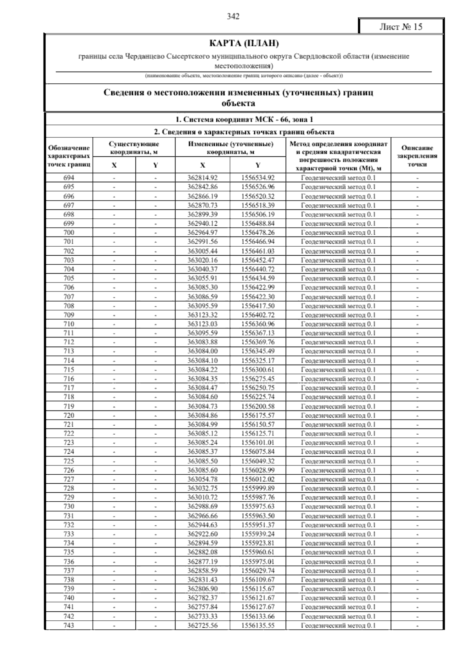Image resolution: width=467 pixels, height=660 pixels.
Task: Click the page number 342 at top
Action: click(233, 16)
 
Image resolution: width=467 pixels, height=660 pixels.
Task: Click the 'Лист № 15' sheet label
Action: click(400, 27)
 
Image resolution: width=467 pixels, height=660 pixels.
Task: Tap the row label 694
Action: click(68, 178)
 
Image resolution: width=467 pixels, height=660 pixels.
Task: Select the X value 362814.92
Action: click(202, 178)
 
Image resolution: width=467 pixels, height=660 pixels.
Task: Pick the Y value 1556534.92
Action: click(258, 178)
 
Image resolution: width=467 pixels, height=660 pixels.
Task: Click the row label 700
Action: click(68, 233)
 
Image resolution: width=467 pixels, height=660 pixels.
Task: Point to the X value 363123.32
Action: click(202, 315)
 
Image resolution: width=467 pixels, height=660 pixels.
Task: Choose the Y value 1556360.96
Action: click(258, 324)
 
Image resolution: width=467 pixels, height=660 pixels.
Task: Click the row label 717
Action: click(68, 388)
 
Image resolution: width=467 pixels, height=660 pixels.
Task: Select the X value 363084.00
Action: click(202, 351)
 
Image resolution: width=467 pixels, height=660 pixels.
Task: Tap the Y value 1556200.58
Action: click(258, 406)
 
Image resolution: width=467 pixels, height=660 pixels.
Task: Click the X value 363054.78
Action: click(202, 479)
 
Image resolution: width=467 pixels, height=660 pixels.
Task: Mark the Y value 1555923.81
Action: click(258, 543)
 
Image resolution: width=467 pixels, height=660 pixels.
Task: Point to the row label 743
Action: click(68, 626)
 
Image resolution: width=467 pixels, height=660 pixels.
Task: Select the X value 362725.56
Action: click(202, 626)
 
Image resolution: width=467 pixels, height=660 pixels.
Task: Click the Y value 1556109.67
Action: click(258, 580)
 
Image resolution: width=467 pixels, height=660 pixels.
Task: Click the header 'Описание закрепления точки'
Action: click(417, 156)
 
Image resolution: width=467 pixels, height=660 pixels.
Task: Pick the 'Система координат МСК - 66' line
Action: click(244, 119)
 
